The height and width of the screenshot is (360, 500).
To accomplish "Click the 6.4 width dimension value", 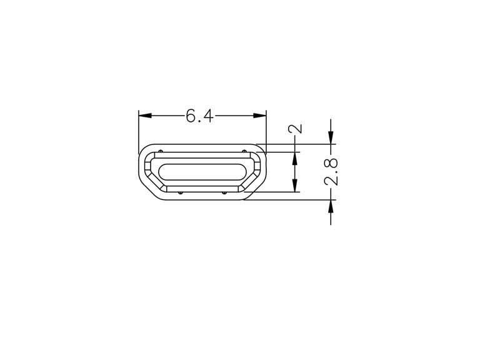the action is [200, 116].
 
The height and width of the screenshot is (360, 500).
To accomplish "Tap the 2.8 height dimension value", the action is [331, 171].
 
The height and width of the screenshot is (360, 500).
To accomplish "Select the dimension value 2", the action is [295, 129].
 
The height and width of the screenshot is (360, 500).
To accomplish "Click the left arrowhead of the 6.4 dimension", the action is [145, 116].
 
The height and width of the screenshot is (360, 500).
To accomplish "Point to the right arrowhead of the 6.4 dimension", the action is [259, 116].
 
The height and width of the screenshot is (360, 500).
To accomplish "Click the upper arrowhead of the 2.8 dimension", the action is [331, 137].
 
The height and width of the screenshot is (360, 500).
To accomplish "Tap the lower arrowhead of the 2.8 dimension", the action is [331, 206].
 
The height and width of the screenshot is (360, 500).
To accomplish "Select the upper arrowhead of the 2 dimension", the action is [295, 159].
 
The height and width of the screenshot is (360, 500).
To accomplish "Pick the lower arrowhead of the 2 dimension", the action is [295, 186].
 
